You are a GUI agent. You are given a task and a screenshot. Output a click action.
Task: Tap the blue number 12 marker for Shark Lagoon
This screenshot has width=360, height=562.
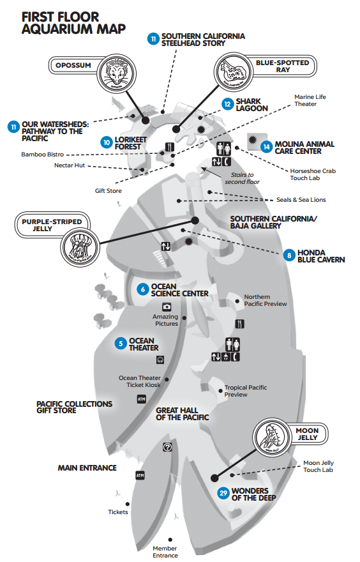227,104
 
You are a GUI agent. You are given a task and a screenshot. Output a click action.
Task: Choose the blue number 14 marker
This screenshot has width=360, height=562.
266,146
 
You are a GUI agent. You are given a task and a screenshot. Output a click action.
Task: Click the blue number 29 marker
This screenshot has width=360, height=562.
223,493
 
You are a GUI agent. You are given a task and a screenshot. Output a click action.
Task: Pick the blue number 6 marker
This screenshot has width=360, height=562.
142,289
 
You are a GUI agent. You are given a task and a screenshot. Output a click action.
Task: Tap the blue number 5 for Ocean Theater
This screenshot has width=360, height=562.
120,344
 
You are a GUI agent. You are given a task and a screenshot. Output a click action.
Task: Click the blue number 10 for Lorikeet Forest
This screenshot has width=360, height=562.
107,140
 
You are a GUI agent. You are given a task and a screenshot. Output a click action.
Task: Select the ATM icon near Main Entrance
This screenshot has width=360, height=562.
140,475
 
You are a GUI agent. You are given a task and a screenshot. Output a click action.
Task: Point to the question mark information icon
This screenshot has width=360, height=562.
167,448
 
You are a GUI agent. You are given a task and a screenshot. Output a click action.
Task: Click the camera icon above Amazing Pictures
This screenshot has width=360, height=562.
167,307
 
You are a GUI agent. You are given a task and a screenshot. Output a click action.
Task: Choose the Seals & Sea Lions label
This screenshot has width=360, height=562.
301,200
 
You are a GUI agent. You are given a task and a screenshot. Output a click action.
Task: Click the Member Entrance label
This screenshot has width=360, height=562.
165,552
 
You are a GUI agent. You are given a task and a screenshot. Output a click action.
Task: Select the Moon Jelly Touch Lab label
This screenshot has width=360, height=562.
319,466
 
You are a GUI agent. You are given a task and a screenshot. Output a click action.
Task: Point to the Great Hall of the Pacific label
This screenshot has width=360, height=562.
183,414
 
